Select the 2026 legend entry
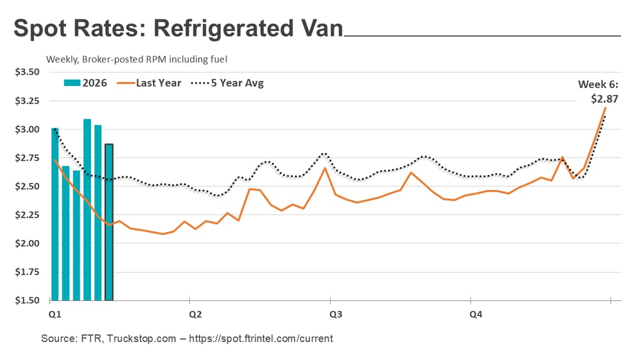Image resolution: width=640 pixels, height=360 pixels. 85,83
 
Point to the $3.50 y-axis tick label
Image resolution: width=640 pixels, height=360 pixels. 27,72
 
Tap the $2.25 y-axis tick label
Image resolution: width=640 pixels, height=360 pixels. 27,215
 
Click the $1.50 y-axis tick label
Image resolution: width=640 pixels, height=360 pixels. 27,300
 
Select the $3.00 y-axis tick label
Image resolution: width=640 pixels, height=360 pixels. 27,129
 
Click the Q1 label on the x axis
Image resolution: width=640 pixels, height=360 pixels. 55,314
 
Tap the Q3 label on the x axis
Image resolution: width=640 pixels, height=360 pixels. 335,314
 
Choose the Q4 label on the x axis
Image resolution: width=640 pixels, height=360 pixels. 476,314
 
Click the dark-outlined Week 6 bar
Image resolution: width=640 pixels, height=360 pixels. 109,222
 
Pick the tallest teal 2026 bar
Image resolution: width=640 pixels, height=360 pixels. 87,209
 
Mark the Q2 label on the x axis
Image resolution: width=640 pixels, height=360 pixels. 195,314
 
